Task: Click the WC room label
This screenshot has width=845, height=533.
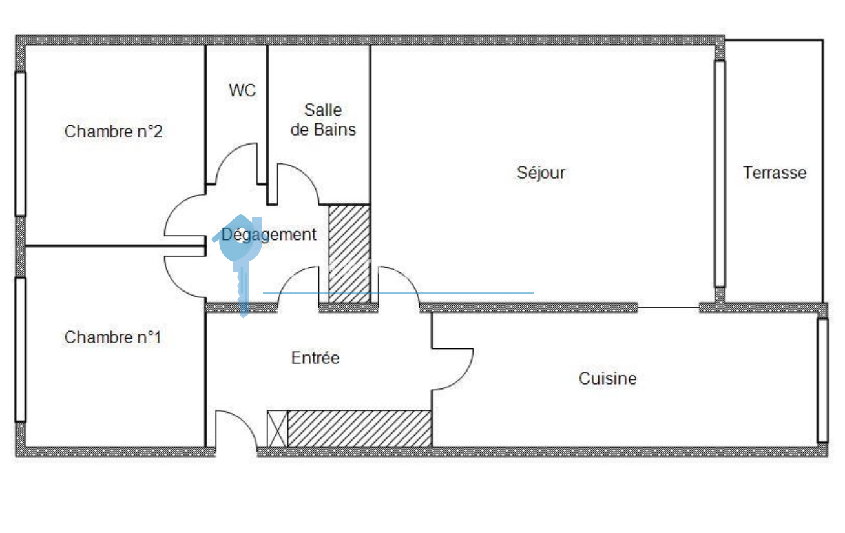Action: click(x=242, y=90)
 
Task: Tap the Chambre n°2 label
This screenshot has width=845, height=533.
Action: click(x=113, y=132)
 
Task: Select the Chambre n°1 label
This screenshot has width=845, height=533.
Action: click(x=112, y=337)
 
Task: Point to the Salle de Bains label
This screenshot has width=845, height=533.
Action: click(x=323, y=119)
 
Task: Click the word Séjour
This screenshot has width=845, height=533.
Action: click(x=541, y=172)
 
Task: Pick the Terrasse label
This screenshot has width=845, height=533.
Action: click(x=775, y=172)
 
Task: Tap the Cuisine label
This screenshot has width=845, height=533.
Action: click(x=607, y=378)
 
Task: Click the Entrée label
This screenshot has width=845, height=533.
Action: click(x=315, y=357)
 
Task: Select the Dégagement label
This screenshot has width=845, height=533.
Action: click(x=269, y=234)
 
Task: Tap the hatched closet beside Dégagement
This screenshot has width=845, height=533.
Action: click(x=349, y=254)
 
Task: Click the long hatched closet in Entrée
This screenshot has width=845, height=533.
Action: click(x=359, y=428)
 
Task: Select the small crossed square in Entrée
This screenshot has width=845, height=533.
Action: click(x=277, y=428)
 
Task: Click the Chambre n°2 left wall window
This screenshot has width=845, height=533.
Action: click(x=20, y=143)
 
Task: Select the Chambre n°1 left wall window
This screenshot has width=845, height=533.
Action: click(x=20, y=349)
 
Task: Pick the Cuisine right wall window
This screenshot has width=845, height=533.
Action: click(x=822, y=380)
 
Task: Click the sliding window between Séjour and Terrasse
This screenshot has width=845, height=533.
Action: click(x=720, y=173)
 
